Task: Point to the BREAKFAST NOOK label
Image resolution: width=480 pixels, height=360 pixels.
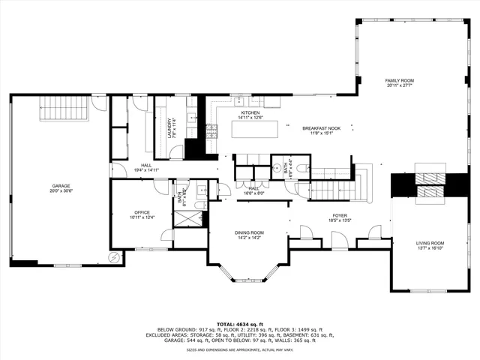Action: pyautogui.click(x=321, y=128)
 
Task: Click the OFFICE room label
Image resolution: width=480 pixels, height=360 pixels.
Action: pyautogui.click(x=142, y=212)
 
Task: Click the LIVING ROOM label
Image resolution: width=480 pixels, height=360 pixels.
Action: pyautogui.click(x=430, y=243)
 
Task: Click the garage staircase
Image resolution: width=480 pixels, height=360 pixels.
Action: pyautogui.click(x=64, y=107)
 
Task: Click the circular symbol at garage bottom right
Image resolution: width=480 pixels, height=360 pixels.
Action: pyautogui.click(x=113, y=258)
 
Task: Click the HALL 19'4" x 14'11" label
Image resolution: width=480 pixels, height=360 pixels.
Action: pyautogui.click(x=147, y=168)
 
